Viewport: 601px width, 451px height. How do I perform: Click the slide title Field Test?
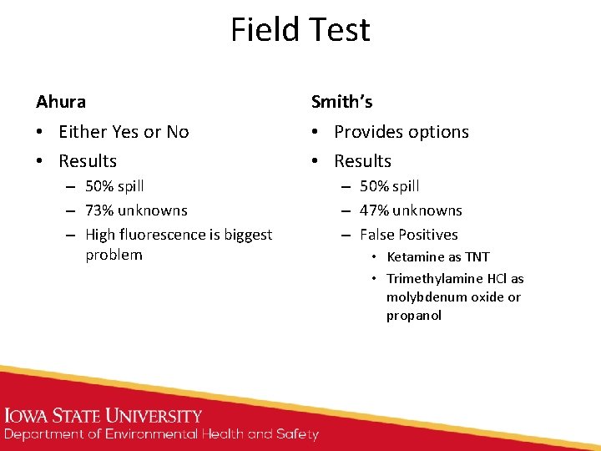[x=300, y=30]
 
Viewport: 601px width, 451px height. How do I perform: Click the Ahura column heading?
[x=61, y=102]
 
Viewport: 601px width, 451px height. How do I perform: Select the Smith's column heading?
[x=341, y=102]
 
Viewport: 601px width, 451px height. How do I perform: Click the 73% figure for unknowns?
[x=102, y=210]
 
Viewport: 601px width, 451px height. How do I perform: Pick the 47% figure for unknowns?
[x=377, y=210]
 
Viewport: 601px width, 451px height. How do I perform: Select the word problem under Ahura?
[x=114, y=255]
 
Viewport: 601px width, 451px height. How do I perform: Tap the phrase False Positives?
[x=409, y=235]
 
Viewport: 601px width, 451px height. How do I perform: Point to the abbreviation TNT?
[x=477, y=257]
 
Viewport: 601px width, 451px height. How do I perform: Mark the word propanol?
[x=413, y=316]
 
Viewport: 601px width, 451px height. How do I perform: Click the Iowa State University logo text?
[x=104, y=416]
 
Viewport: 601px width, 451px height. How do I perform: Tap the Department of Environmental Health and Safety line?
[x=161, y=434]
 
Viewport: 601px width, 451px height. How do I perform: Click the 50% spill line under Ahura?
[x=114, y=186]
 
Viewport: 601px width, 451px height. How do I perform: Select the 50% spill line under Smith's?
[x=390, y=186]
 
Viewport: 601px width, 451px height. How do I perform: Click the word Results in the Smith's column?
[x=362, y=161]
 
